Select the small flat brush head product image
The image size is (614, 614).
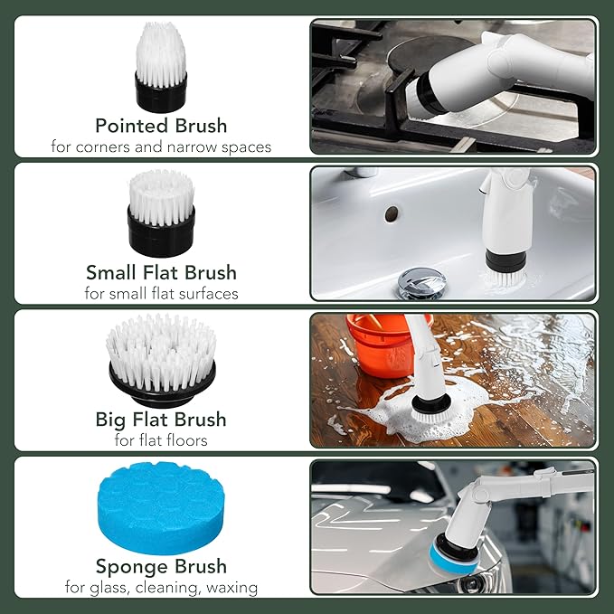pos(161,213)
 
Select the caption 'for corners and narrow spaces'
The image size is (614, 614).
pos(161,146)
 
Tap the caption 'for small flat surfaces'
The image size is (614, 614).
pos(161,293)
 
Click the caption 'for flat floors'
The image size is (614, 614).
pos(161,440)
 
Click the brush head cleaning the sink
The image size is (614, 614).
pos(501,269)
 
